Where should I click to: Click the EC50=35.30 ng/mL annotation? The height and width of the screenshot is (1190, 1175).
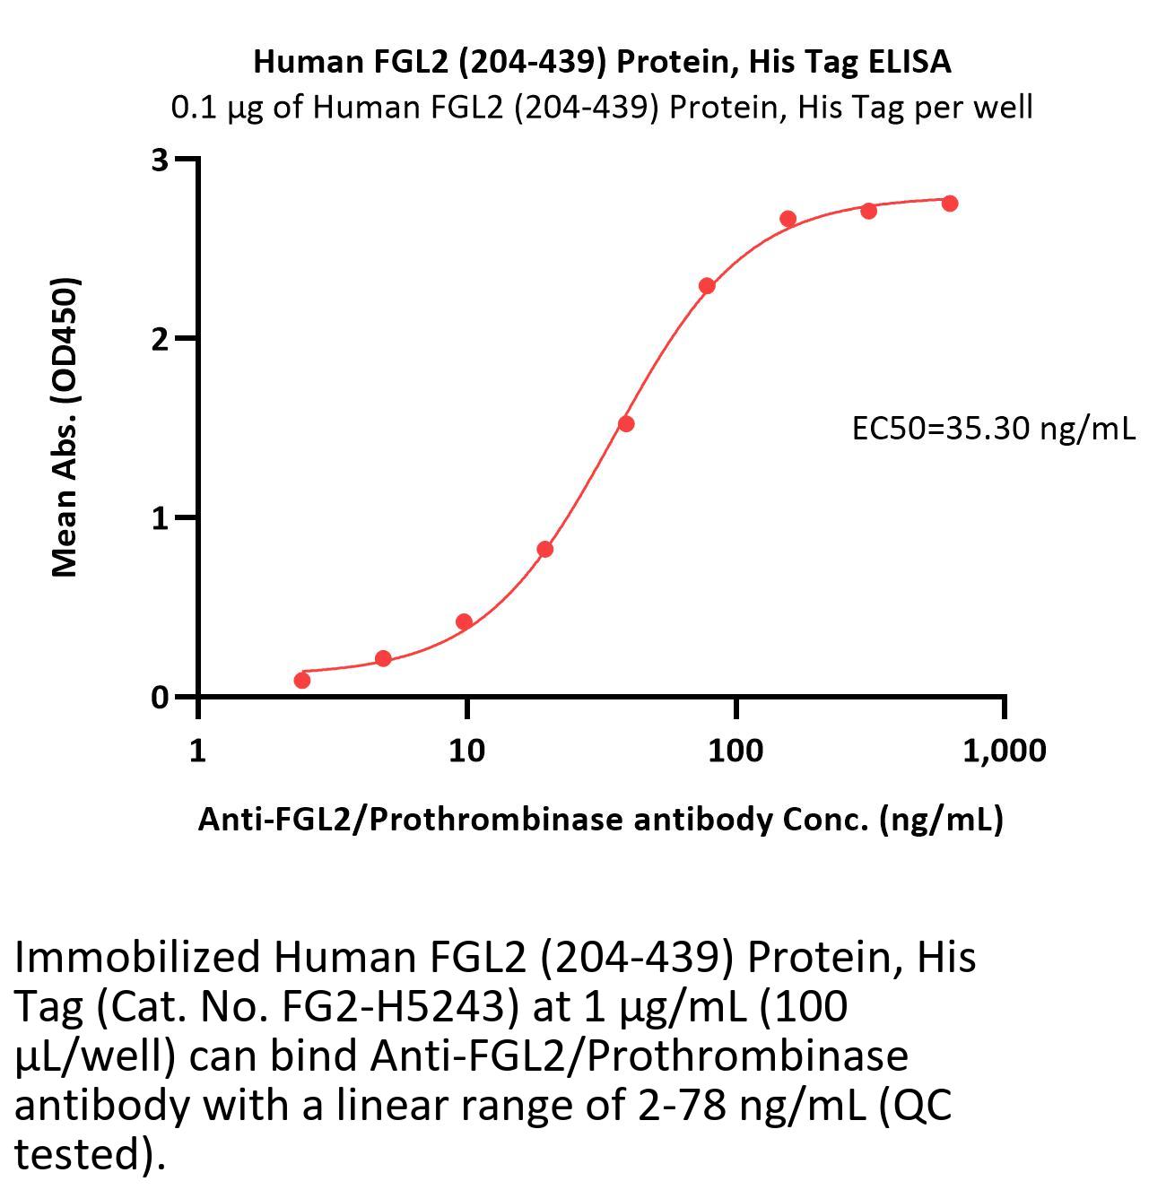click(993, 429)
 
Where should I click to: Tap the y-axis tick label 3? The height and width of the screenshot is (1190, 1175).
click(160, 161)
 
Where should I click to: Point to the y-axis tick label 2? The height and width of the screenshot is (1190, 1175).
click(160, 339)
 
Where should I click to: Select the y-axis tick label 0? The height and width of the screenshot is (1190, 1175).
click(160, 697)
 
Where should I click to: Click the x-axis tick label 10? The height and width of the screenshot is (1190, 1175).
click(466, 750)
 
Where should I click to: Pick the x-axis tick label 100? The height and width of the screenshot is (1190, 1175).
click(735, 750)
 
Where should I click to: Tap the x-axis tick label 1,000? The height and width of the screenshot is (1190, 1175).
click(1004, 750)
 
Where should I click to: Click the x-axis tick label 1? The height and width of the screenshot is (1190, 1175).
click(197, 750)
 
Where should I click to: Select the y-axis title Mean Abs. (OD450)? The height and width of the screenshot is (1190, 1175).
click(65, 427)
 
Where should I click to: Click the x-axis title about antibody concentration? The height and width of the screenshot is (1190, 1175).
click(600, 819)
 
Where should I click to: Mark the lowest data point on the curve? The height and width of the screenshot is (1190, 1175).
click(302, 681)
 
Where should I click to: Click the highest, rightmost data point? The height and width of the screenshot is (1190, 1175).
click(950, 204)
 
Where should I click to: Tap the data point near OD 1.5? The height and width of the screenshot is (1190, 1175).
click(626, 423)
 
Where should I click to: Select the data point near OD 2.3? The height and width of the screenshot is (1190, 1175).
click(707, 286)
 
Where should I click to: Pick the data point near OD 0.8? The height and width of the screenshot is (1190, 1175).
click(544, 549)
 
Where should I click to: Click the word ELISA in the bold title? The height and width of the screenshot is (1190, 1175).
click(910, 62)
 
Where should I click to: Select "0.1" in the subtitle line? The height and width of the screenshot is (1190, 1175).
click(193, 108)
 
